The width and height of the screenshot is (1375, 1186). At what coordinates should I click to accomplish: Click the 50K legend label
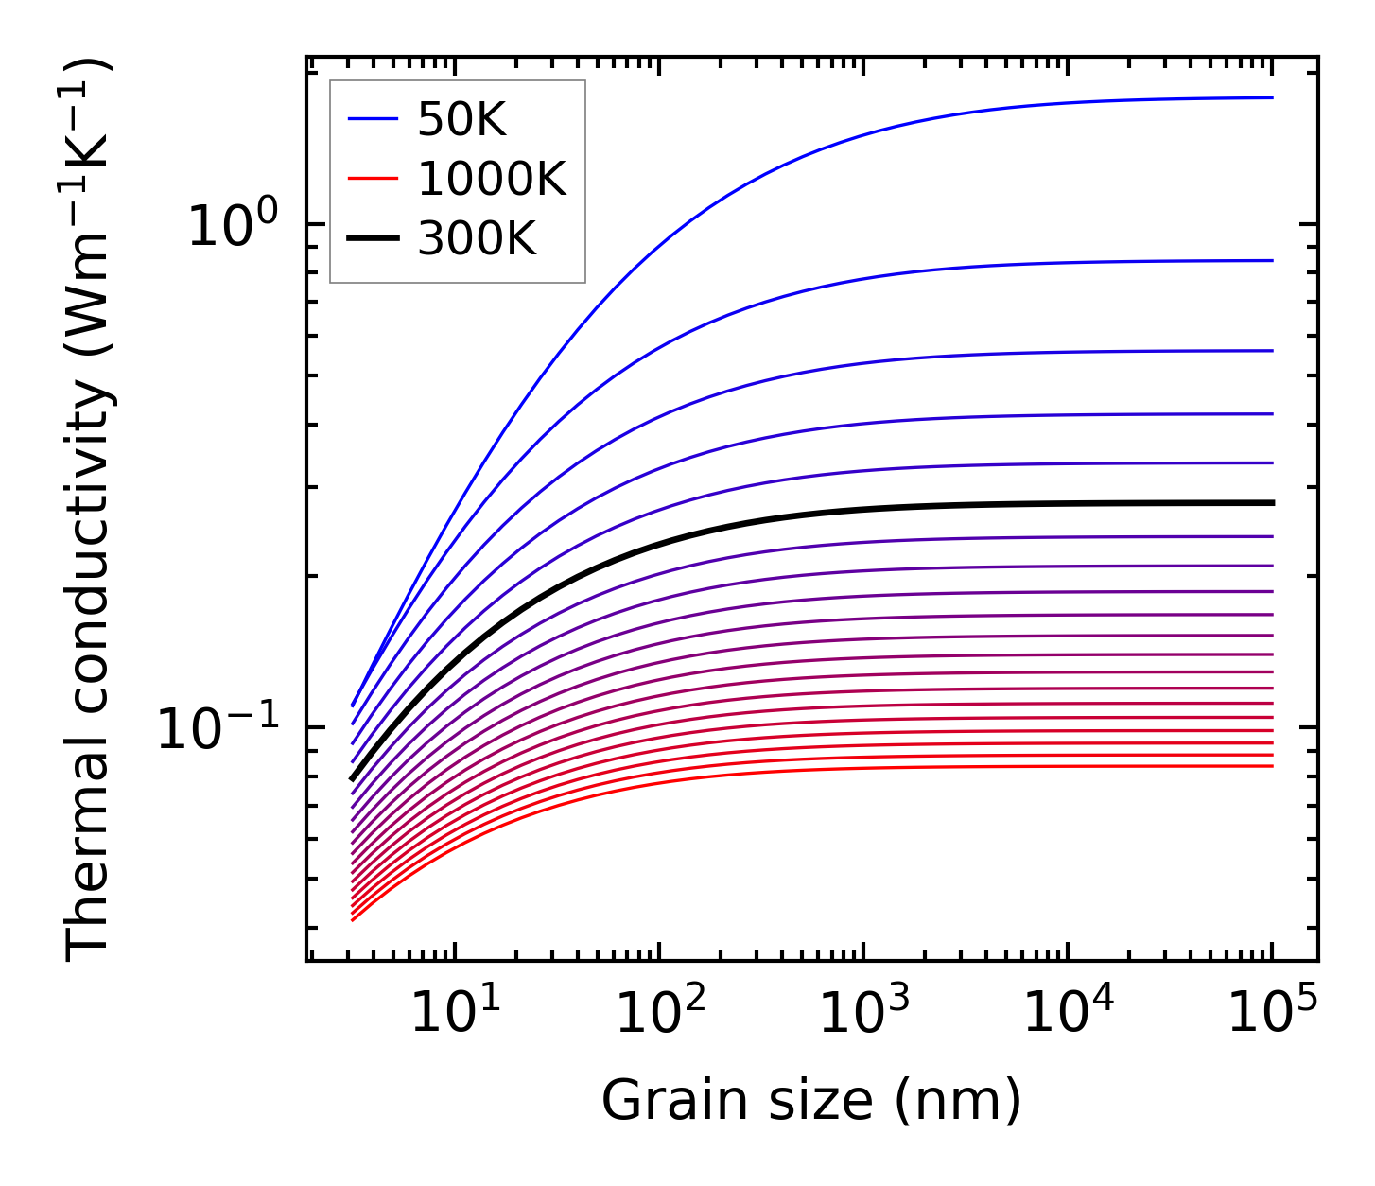[461, 120]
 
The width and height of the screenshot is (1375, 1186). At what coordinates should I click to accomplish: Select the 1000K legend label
[491, 180]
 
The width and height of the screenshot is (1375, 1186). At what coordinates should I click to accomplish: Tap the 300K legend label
[477, 239]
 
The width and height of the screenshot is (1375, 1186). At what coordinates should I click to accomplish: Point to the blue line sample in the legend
[374, 119]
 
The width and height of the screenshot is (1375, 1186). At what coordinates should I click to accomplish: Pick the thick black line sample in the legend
[374, 238]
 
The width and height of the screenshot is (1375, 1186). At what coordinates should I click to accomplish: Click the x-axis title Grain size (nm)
[811, 1102]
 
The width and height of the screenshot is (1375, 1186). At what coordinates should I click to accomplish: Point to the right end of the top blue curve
[1271, 97]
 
